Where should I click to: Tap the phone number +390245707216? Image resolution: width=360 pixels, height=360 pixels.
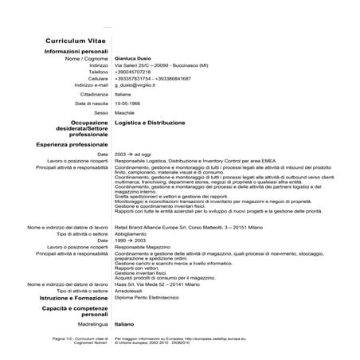click(137, 72)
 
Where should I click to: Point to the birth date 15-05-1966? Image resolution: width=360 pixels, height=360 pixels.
click(129, 103)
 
